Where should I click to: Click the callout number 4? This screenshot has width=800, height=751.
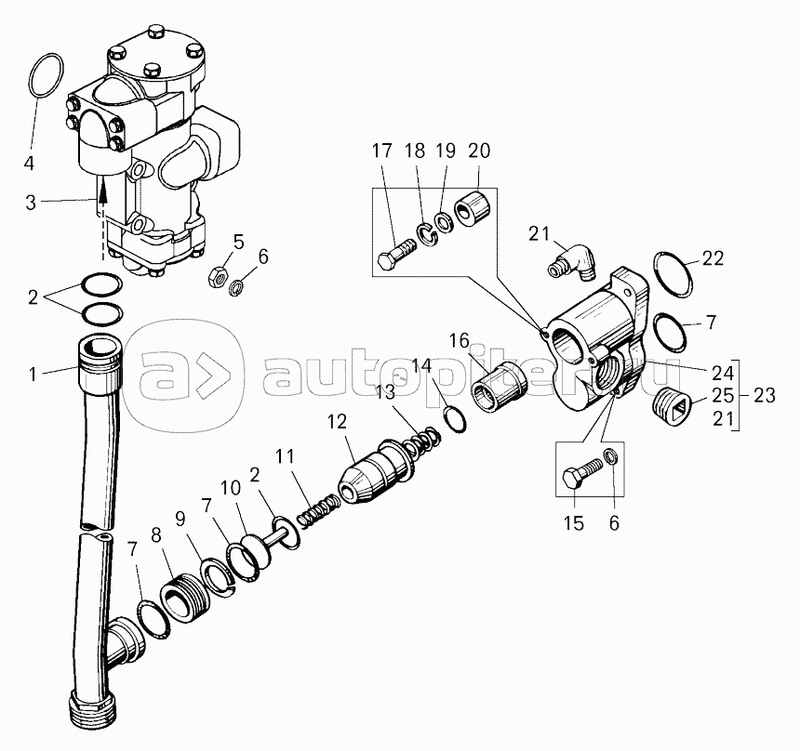(x=29, y=164)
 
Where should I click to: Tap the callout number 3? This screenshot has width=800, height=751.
(x=31, y=203)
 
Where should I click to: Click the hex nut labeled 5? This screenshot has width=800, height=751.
(x=215, y=276)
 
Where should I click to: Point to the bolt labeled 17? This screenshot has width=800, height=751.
(x=397, y=253)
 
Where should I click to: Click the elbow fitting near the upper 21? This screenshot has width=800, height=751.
(x=572, y=261)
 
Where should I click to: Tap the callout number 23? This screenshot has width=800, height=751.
(x=764, y=396)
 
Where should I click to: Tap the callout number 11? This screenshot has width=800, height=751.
(x=286, y=456)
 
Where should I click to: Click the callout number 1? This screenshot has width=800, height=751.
(x=33, y=375)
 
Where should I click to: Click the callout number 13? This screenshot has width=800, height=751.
(x=385, y=392)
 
